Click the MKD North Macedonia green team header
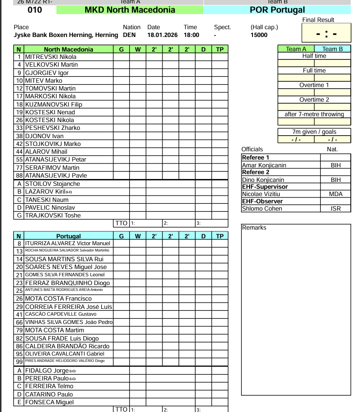click(x=130, y=10)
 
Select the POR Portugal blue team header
click(x=277, y=10)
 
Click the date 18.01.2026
click(x=161, y=35)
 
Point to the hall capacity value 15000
click(x=259, y=35)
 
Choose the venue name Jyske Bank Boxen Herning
click(x=66, y=35)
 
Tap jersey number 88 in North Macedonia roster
click(x=19, y=176)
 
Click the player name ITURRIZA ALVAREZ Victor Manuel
click(x=68, y=243)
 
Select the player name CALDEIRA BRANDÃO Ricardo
click(x=67, y=346)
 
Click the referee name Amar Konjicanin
click(x=264, y=165)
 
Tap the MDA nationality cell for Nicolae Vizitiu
click(x=336, y=194)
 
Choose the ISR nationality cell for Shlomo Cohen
click(x=336, y=209)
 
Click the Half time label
click(x=314, y=56)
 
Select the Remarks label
click(x=254, y=228)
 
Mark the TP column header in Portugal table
click(x=220, y=236)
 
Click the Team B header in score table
click(x=332, y=49)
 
